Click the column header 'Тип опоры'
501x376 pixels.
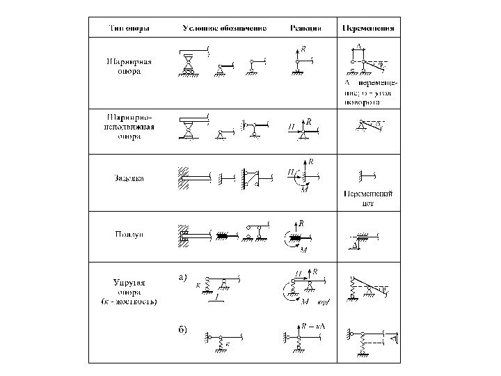click(130, 29)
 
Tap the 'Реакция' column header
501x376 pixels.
click(305, 29)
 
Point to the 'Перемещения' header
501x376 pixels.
click(369, 29)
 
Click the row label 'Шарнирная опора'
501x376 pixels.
click(130, 66)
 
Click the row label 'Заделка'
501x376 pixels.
click(130, 178)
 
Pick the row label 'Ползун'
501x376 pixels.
click(130, 235)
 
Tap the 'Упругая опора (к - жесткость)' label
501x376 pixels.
click(130, 292)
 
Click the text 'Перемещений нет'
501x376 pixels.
click(369, 200)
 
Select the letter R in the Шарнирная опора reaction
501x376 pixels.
click(303, 50)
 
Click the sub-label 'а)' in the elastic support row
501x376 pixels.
click(183, 276)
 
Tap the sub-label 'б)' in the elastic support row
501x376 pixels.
click(183, 329)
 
